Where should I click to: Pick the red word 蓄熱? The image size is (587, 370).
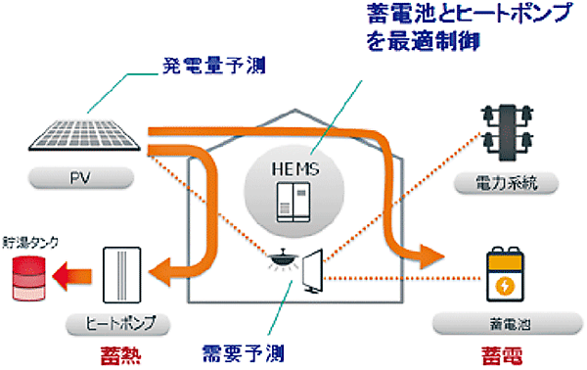[113, 351]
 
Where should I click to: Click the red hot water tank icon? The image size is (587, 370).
[29, 278]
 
